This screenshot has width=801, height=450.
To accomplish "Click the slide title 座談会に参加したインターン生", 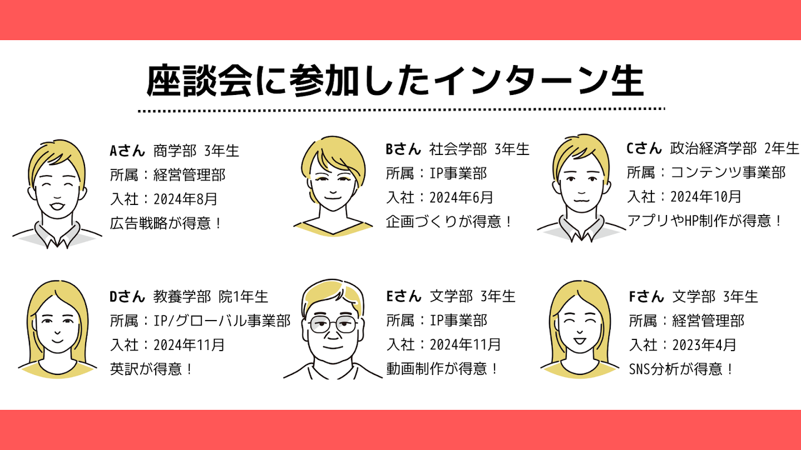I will pos(395,82).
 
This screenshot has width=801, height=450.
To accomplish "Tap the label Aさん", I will pos(127,150).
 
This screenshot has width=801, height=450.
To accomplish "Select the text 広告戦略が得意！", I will pos(166,223).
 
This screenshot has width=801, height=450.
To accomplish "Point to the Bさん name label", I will pos(403,149).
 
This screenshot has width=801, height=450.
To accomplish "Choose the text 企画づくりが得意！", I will pos(449,222).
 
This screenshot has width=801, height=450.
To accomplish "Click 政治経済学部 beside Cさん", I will pos(714,148).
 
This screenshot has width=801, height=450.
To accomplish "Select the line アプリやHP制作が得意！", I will pos(705,221).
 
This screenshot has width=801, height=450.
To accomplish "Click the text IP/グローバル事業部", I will pos(221,321).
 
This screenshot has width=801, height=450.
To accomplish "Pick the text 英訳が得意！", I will pos(152,368).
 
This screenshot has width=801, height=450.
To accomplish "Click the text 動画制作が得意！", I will pos(443,368).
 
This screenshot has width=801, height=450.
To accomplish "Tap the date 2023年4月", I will pos(704,344).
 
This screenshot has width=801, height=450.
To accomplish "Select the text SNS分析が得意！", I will pos(682,368).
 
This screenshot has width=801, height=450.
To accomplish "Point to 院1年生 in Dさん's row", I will pos(244,297).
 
